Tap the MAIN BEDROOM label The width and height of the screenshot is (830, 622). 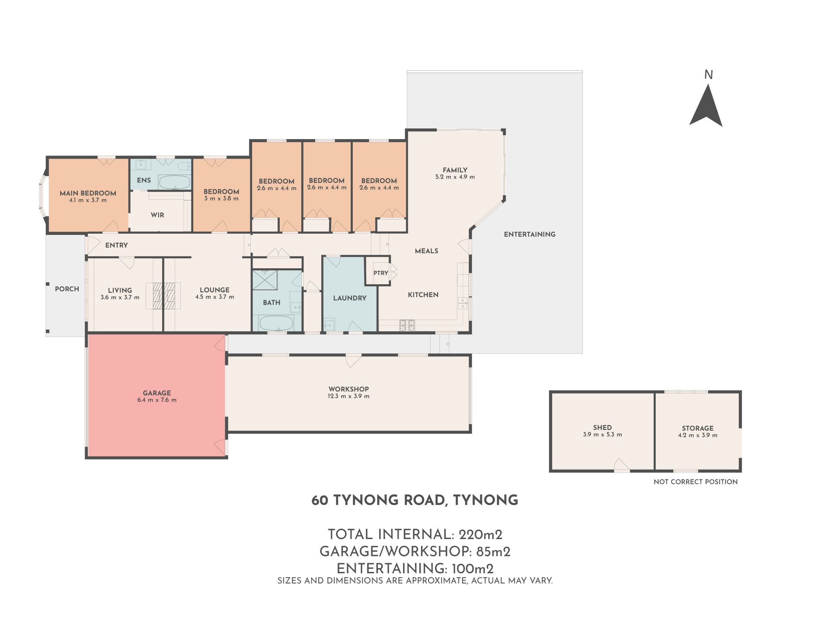pyautogui.click(x=88, y=193)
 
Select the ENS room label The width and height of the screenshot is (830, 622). pyautogui.click(x=144, y=180)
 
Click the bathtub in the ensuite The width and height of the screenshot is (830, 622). pyautogui.click(x=175, y=182)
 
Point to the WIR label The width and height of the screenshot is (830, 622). pyautogui.click(x=157, y=215)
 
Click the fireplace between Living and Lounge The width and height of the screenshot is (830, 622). pyautogui.click(x=163, y=296)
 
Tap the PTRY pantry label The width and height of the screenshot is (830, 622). pyautogui.click(x=381, y=273)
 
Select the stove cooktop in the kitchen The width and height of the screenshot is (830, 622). pyautogui.click(x=407, y=325)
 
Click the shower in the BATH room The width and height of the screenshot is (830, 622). pyautogui.click(x=265, y=280)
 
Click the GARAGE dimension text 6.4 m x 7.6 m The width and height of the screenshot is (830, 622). pyautogui.click(x=156, y=400)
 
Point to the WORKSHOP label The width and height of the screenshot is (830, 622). pyautogui.click(x=348, y=389)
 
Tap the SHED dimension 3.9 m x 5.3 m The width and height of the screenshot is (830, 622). pyautogui.click(x=602, y=435)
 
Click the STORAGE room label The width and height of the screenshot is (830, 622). pyautogui.click(x=698, y=428)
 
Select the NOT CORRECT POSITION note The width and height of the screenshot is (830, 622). pyautogui.click(x=696, y=482)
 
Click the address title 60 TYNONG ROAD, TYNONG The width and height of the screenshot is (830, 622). pyautogui.click(x=415, y=500)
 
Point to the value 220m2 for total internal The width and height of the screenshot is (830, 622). pyautogui.click(x=480, y=535)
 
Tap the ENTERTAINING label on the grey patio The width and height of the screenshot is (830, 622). pyautogui.click(x=530, y=234)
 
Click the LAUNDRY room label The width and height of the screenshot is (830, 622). pyautogui.click(x=350, y=298)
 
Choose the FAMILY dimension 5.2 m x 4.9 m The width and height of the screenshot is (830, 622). pyautogui.click(x=455, y=177)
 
